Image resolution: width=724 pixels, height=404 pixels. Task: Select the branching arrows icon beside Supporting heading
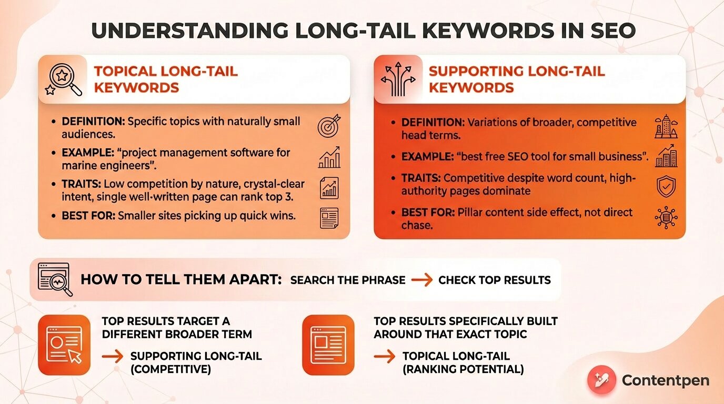click(x=398, y=80)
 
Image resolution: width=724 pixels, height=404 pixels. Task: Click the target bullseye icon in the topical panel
click(x=329, y=127)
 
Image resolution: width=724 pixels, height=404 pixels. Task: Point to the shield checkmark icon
click(x=666, y=186)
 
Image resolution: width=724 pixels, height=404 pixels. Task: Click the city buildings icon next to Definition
click(x=666, y=127)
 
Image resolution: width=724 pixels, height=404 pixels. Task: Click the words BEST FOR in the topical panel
click(x=88, y=215)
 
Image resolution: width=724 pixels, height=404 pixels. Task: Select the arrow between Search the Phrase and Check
click(x=421, y=280)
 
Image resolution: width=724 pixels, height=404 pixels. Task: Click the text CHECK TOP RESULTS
click(x=494, y=280)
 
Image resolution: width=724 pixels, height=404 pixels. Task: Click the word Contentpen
click(x=665, y=380)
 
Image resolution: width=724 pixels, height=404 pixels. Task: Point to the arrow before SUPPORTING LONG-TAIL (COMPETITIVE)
click(x=113, y=357)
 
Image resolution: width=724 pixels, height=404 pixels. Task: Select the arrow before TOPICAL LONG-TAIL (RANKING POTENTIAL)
click(x=384, y=357)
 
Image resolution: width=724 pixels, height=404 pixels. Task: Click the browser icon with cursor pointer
click(x=65, y=345)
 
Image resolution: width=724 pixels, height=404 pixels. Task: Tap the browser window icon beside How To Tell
click(x=55, y=279)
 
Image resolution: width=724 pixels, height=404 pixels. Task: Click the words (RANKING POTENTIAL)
click(x=463, y=369)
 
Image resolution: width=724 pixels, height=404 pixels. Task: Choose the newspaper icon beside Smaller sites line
click(x=329, y=218)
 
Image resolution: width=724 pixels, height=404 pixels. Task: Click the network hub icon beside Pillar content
click(x=666, y=217)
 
